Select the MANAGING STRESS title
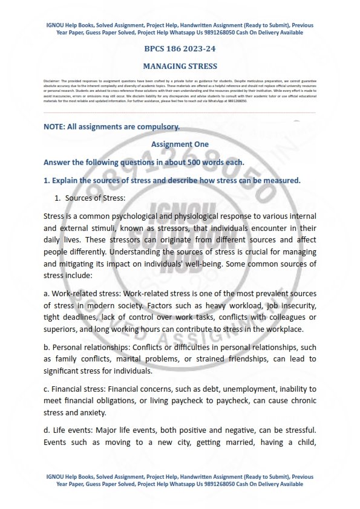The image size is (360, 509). click(x=180, y=66)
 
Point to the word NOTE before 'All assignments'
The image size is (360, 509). click(x=54, y=127)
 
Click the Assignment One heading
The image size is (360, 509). click(x=180, y=144)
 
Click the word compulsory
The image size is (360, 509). click(x=157, y=127)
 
